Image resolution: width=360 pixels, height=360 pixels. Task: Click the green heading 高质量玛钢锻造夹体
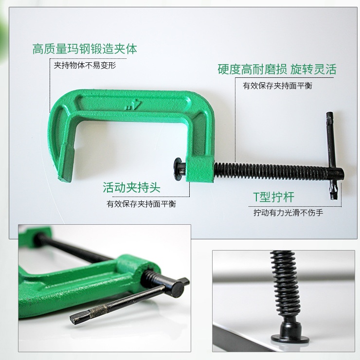(x=85, y=49)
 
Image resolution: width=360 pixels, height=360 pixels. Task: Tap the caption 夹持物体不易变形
(x=85, y=66)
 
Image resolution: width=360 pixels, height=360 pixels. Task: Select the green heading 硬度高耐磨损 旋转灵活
(x=277, y=69)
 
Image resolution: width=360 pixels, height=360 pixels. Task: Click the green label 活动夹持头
(x=131, y=187)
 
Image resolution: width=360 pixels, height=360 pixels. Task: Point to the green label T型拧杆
(x=274, y=197)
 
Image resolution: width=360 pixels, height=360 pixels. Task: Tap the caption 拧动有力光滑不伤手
(x=288, y=213)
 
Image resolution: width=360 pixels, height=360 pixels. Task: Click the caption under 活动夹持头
(x=141, y=204)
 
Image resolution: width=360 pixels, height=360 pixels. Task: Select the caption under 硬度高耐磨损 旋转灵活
(x=278, y=86)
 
